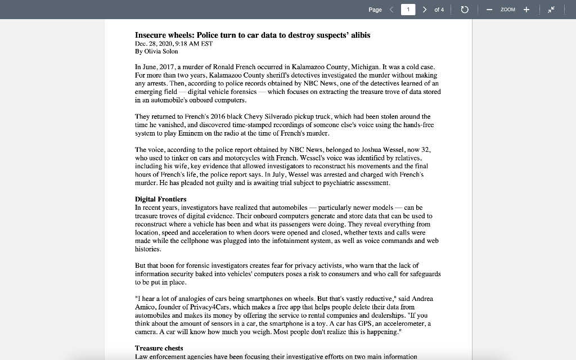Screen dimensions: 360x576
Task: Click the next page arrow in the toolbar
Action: pos(424,10)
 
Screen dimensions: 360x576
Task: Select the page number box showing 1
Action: pos(408,10)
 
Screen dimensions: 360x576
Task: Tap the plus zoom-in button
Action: pos(526,10)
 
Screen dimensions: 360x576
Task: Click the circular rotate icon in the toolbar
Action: pos(465,10)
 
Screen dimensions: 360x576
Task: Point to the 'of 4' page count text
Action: pos(439,10)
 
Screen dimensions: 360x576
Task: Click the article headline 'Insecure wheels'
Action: pos(252,35)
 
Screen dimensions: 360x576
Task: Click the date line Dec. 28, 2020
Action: pos(173,43)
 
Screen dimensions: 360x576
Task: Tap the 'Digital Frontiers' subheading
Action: pos(160,199)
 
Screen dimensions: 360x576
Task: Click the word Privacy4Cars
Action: pos(211,307)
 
